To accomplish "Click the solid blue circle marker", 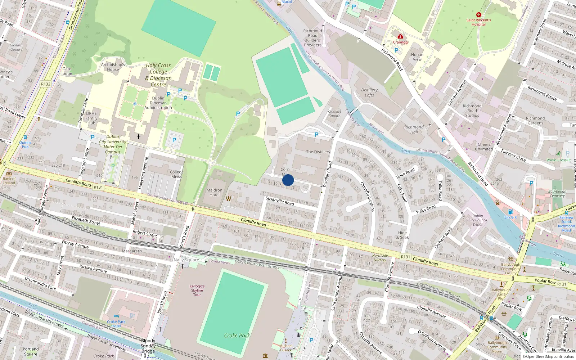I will click(288, 180).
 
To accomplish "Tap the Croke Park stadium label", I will click(237, 336).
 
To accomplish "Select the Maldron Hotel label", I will click(214, 192).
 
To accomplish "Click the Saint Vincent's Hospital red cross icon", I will click(478, 15).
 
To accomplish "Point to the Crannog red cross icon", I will click(400, 37).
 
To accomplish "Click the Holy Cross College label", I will click(158, 75).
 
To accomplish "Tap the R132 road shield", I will click(46, 84).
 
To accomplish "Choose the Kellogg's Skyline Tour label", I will click(197, 291).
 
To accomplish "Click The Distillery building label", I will click(318, 152).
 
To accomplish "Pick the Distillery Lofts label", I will click(369, 93).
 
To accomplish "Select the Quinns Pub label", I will click(25, 144).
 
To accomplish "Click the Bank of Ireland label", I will click(9, 181).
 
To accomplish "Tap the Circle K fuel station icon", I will click(510, 212).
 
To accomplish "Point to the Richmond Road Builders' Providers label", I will click(312, 38).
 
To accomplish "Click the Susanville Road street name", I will click(280, 201).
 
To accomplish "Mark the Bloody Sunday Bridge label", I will click(148, 346).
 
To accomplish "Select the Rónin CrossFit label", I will click(559, 160).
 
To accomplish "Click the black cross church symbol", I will click(138, 137).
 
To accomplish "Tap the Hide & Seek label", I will click(402, 235).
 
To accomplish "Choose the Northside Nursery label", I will click(380, 258).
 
